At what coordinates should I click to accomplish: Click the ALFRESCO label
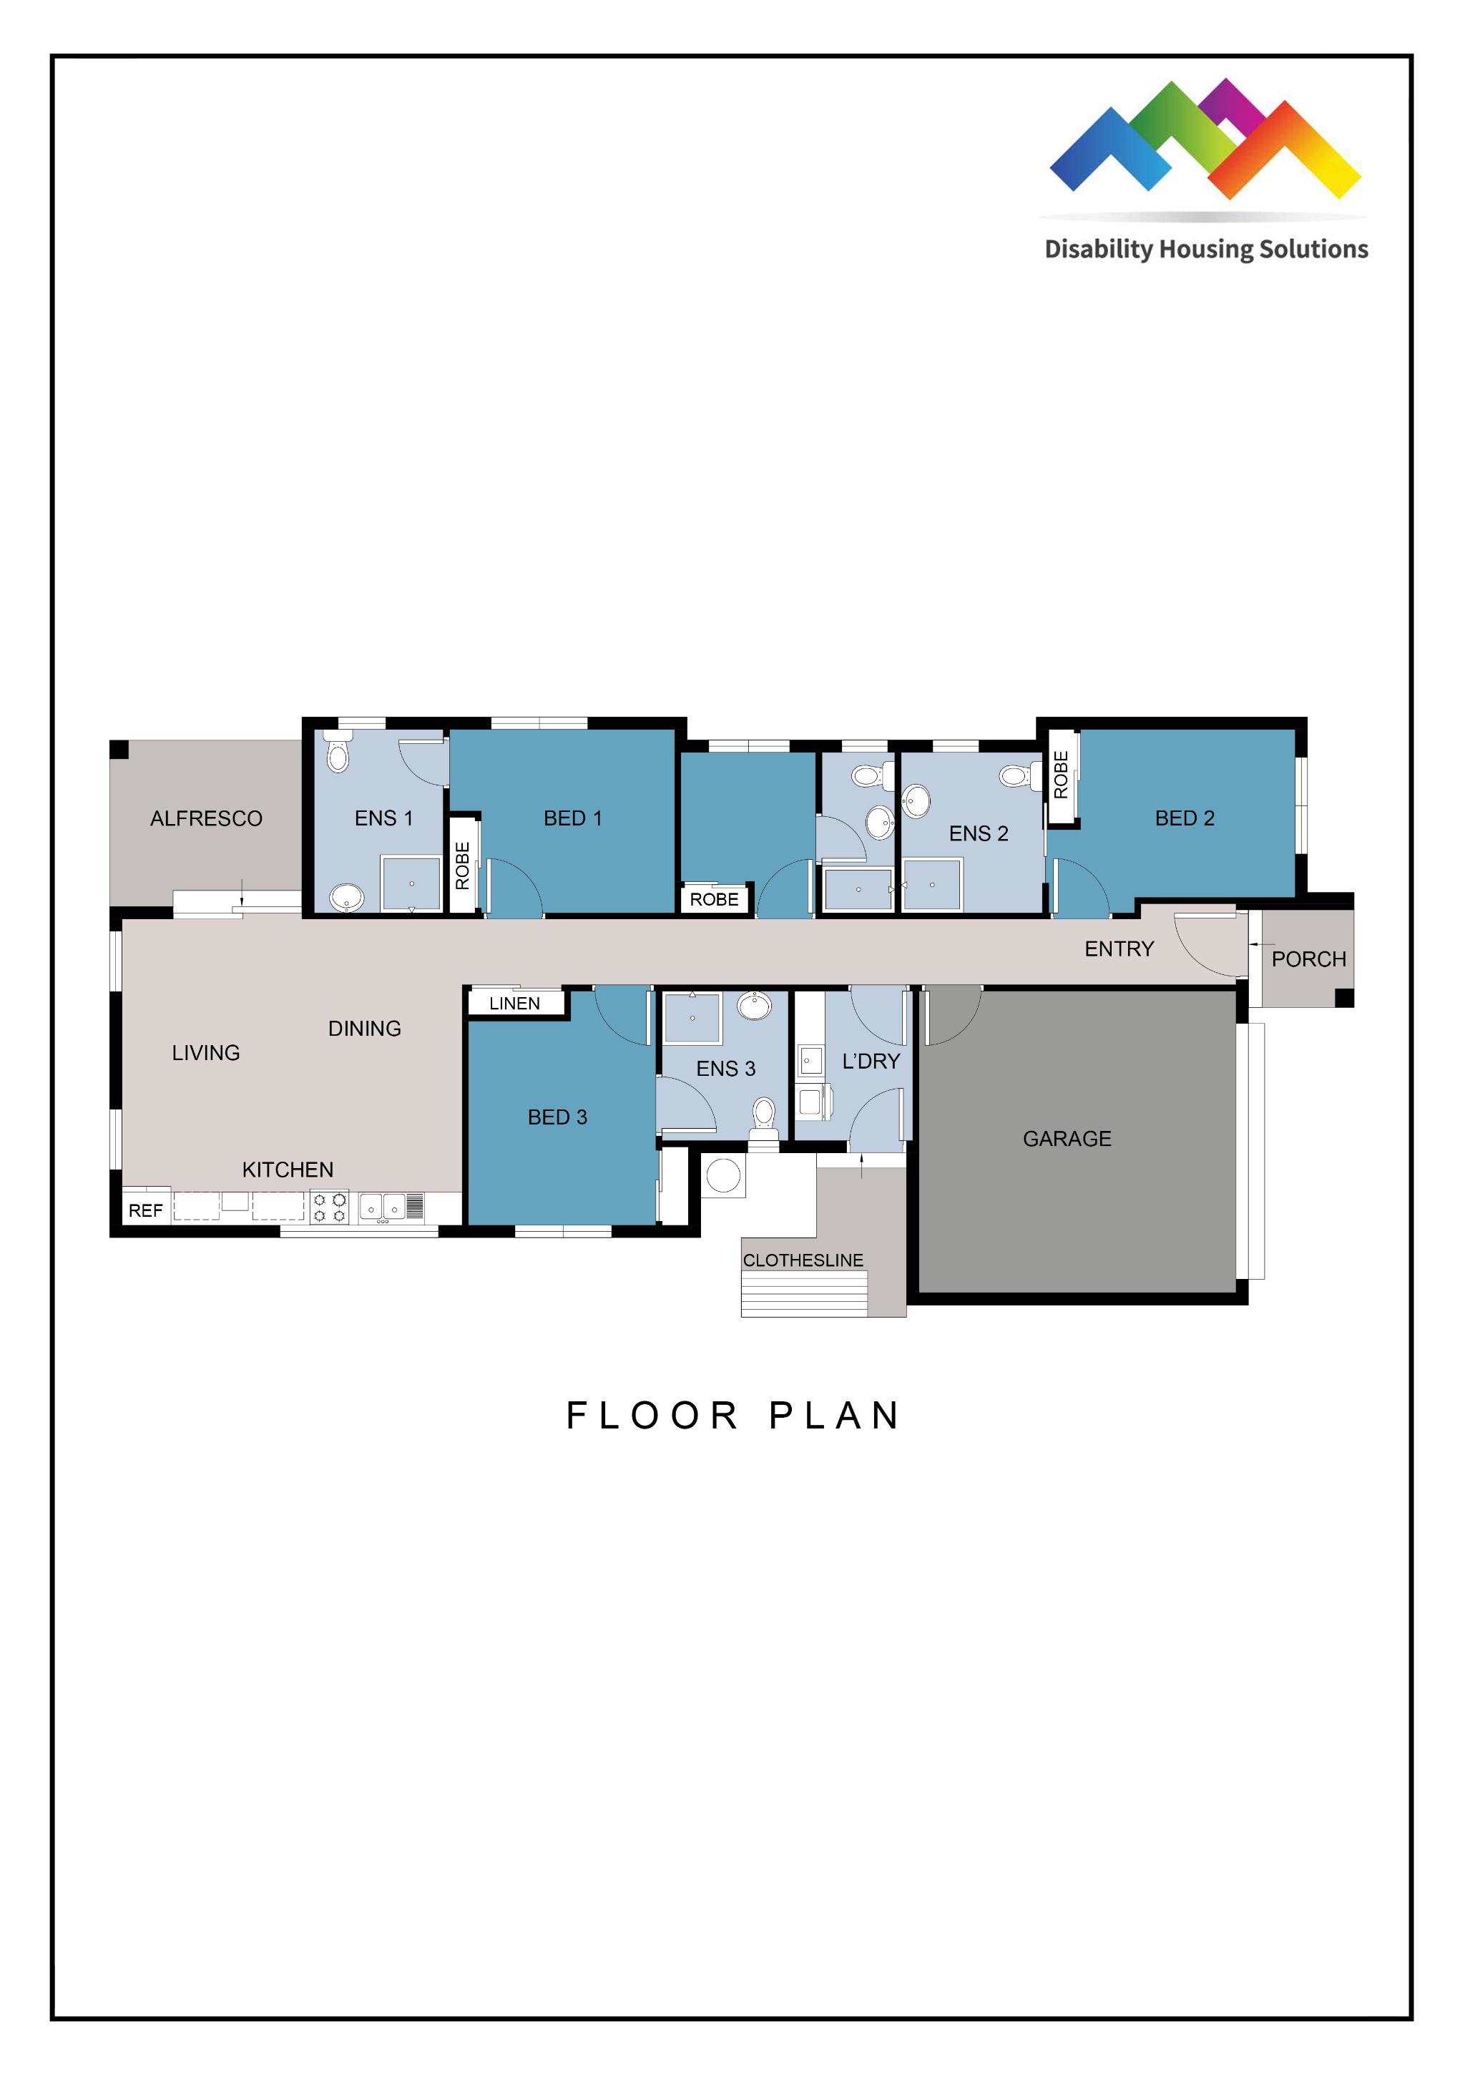coord(206,818)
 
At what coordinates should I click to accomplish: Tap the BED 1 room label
coord(572,818)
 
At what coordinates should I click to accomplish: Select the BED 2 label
coord(1185,818)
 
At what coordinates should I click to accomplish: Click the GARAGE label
coord(1067,1139)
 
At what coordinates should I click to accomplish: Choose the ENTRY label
coord(1118,949)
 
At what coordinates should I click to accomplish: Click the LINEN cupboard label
coord(514,1003)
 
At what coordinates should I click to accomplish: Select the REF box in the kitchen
coord(145,1211)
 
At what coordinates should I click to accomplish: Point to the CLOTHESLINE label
coord(803,1260)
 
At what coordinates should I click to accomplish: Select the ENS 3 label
coord(725,1069)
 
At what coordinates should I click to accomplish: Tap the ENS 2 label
coord(978,833)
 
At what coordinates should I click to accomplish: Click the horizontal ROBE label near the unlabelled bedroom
coord(713,899)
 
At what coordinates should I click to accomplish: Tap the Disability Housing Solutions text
coord(1206,249)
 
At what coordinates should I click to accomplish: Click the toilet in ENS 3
coord(764,1113)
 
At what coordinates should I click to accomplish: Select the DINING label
coord(364,1029)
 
